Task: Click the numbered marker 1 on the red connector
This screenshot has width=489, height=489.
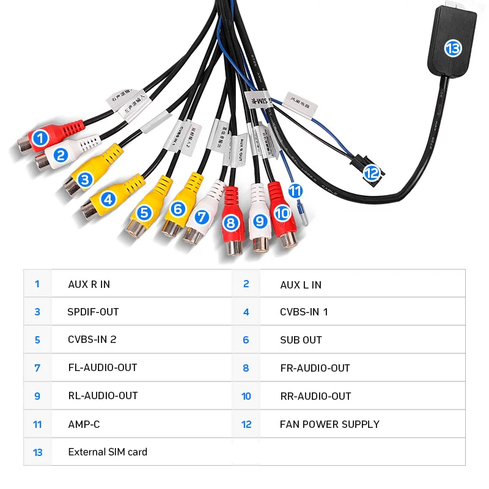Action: pos(40,138)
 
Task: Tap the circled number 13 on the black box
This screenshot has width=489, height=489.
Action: pos(452,48)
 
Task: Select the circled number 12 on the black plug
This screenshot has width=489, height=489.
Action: pos(372,173)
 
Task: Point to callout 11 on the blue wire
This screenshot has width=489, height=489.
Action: pos(295,190)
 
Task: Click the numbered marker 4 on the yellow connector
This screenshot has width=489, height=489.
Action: pos(108,199)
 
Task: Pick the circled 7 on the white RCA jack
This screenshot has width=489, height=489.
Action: pos(202,216)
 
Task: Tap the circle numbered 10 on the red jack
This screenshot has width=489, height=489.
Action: pos(282,213)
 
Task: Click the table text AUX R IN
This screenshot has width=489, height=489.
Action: pos(89,284)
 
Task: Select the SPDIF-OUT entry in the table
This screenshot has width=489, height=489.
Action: pos(93,312)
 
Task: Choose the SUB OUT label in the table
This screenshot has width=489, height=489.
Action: pos(301,340)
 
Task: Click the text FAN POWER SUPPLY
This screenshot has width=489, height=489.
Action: pos(329,424)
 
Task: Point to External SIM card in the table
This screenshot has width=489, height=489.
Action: pos(108,452)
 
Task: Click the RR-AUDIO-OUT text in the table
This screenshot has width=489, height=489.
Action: pos(315,396)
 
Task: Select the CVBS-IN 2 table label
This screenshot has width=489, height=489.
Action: pos(92,340)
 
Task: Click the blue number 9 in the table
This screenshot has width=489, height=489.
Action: pos(37,396)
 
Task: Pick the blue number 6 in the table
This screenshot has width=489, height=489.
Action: pos(246,340)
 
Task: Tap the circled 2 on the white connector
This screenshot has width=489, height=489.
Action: pos(60,155)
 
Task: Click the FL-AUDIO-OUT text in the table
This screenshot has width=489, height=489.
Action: pos(102,368)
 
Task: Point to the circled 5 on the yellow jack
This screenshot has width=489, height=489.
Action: pos(144,213)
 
